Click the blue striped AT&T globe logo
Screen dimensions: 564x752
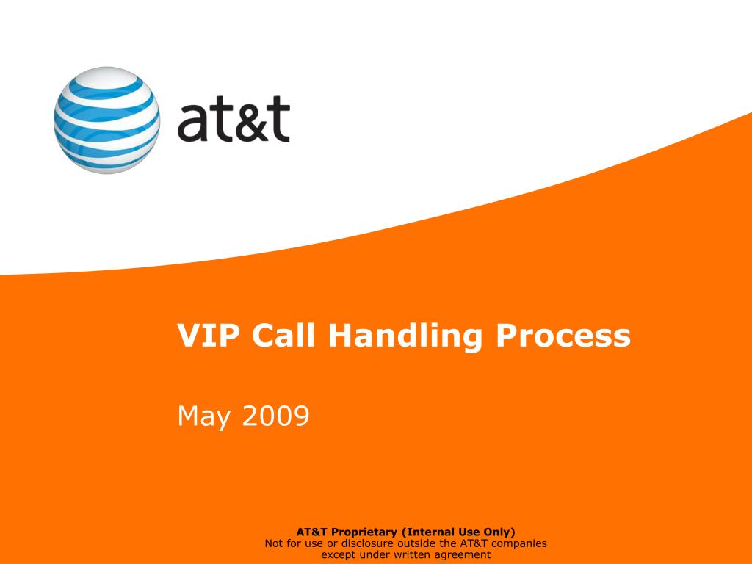[x=107, y=120]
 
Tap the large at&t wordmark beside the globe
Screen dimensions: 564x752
[x=234, y=122]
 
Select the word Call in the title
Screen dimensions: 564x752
[x=283, y=336]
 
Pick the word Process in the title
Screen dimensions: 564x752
[x=563, y=336]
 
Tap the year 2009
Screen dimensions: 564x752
[x=275, y=416]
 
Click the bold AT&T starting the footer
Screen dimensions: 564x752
[x=311, y=532]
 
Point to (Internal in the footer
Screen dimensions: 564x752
[x=427, y=532]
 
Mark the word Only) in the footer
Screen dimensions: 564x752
[x=499, y=532]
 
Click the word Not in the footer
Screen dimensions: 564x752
[x=274, y=543]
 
